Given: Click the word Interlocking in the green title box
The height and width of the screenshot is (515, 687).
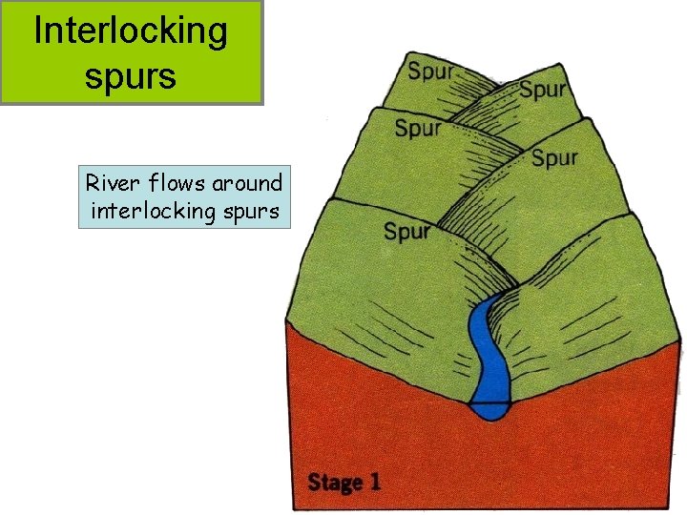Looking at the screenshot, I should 131,32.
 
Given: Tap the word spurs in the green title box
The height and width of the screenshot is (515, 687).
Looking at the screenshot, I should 131,74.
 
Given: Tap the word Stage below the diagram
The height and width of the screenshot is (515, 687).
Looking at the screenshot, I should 334,482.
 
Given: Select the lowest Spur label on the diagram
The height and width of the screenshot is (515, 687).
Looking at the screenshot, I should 407,231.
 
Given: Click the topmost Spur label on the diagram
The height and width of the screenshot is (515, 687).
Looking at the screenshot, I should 431,72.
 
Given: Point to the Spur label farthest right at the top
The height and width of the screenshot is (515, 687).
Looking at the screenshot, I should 543,90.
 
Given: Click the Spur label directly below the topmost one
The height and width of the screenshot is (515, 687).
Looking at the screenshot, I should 418,128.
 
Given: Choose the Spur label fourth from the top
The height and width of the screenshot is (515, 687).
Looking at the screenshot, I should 554,156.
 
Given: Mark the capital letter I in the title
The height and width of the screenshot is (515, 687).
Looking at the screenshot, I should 38,31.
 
